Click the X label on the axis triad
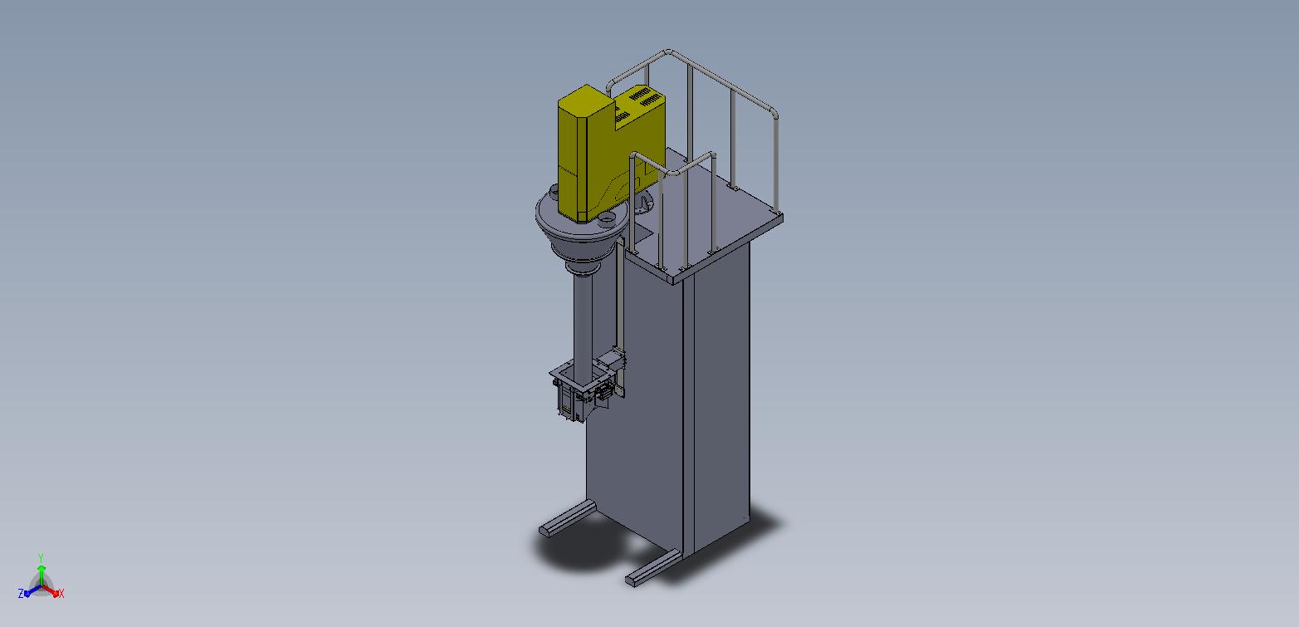pos(61,593)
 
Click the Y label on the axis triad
pos(41,558)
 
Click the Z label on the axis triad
pos(21,593)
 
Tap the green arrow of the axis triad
pos(42,574)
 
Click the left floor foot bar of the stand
pos(567,518)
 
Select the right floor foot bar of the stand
pos(653,568)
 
